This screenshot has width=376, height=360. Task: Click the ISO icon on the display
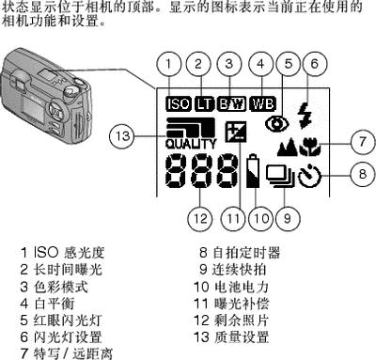point(179,103)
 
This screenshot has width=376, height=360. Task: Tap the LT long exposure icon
point(205,103)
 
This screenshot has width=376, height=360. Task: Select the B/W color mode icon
point(231,103)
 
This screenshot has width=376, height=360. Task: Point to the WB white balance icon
point(263,103)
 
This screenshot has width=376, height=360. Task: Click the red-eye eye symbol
point(276,124)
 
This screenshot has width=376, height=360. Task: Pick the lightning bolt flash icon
point(305,116)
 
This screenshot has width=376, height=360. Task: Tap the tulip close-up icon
point(309,147)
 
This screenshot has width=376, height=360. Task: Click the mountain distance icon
point(288,147)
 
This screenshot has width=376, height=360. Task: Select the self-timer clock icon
point(309,177)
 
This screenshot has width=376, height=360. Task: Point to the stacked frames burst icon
point(280,177)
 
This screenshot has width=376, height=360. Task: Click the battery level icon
point(253,171)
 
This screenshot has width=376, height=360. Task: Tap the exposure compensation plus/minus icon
point(236,132)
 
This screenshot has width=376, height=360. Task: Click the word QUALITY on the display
point(191,144)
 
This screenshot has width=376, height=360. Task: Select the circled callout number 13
point(122,136)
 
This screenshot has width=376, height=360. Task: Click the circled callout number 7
point(363,142)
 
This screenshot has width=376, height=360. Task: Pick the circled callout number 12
point(200,218)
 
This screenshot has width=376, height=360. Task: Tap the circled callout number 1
point(168,64)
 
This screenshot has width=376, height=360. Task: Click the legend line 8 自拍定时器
point(240,253)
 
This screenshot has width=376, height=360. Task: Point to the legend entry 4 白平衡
point(48,304)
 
